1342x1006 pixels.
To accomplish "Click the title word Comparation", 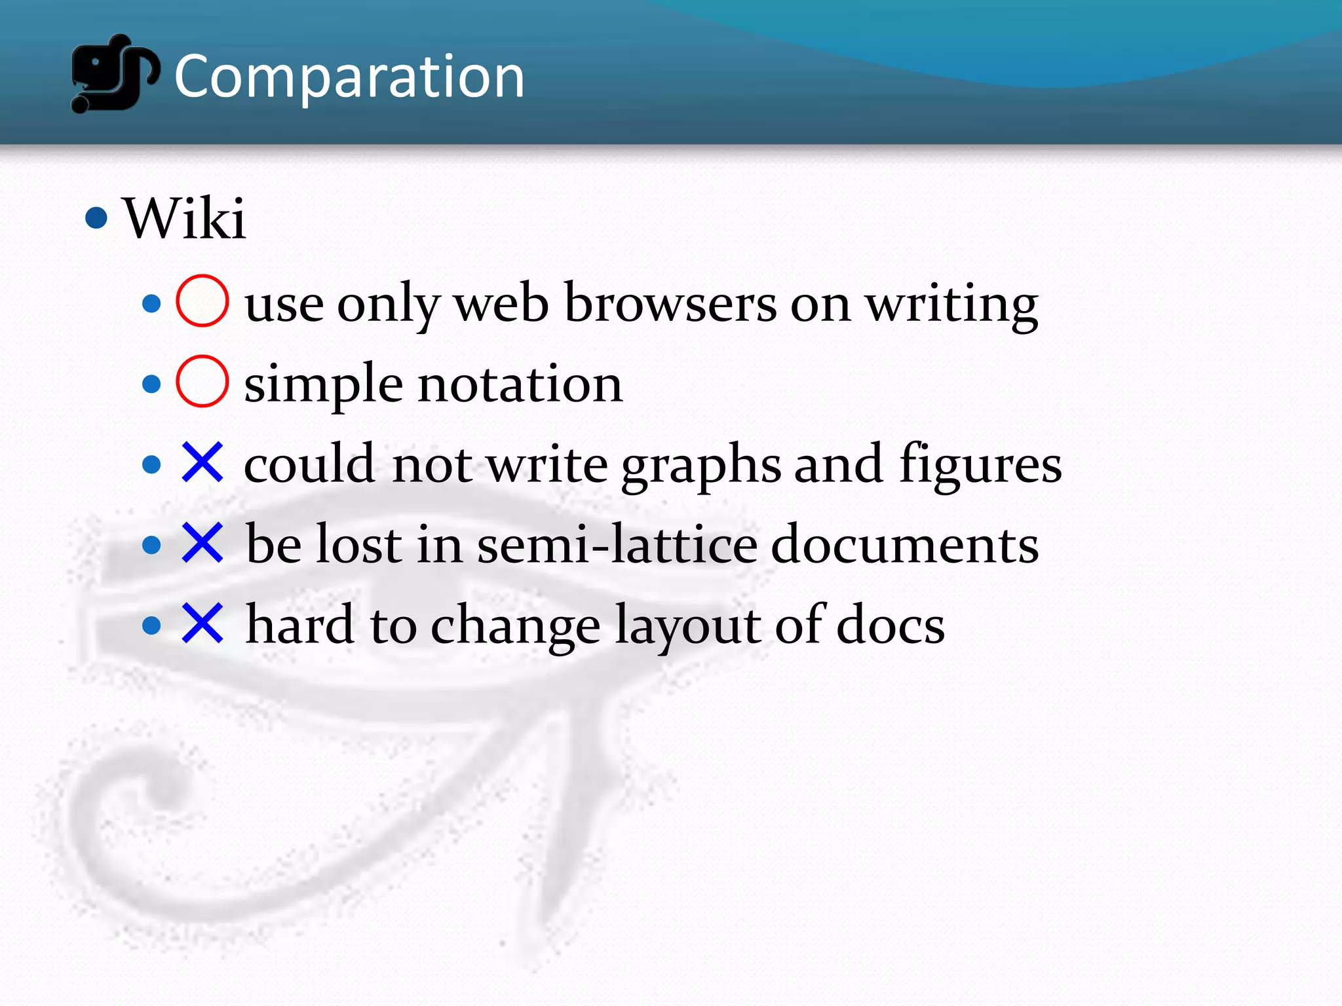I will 349,77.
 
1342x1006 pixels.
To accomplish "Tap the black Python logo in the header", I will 114,73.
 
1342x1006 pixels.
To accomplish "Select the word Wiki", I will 185,219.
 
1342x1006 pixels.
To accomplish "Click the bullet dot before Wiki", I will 96,217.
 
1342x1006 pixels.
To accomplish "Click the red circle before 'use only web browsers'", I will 202,301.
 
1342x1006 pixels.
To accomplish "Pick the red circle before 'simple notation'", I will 202,381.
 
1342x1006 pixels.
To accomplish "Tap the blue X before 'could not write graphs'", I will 202,462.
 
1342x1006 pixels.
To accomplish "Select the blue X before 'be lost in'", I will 202,543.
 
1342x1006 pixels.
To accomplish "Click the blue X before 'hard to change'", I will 202,624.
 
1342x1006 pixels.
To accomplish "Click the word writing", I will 951,305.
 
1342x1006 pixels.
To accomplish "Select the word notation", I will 520,384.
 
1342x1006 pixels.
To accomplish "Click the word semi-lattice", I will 617,545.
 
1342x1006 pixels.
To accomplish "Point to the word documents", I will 904,545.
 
